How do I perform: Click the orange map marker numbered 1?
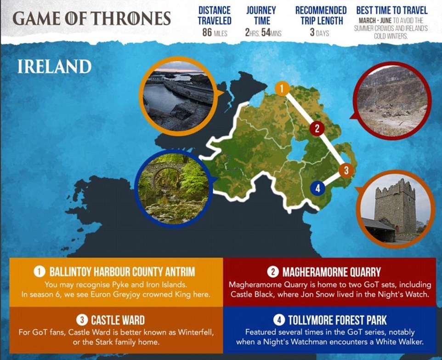click(x=282, y=89)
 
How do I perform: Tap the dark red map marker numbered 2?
click(x=317, y=128)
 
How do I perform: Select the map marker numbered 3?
click(x=346, y=170)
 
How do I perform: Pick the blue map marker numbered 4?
click(x=318, y=188)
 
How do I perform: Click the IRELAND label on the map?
click(x=54, y=67)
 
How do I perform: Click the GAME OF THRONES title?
click(x=92, y=18)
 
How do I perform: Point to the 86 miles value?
click(x=215, y=33)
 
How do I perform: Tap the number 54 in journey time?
click(x=266, y=33)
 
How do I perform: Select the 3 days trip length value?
click(x=319, y=33)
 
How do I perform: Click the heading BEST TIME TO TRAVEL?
click(x=392, y=11)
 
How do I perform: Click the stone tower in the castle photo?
click(x=395, y=206)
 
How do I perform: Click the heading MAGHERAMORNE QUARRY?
click(x=332, y=272)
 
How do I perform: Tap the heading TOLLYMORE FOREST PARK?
click(x=337, y=320)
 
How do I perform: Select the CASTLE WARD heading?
click(x=118, y=320)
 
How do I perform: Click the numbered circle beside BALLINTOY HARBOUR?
click(x=40, y=272)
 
